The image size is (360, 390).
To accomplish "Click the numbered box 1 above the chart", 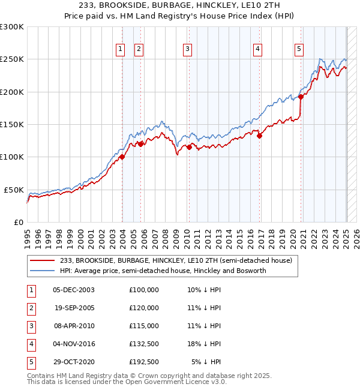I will click(x=121, y=49).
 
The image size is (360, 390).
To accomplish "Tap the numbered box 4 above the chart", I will click(x=257, y=49).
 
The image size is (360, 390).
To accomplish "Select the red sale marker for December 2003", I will click(x=122, y=157).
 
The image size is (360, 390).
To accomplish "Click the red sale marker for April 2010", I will click(x=189, y=147).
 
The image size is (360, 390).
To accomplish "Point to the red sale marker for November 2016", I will click(x=260, y=136).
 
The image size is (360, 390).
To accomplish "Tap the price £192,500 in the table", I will click(x=144, y=362).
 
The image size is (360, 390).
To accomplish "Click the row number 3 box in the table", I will click(x=30, y=326).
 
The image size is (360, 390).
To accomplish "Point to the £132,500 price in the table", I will click(x=144, y=344).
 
